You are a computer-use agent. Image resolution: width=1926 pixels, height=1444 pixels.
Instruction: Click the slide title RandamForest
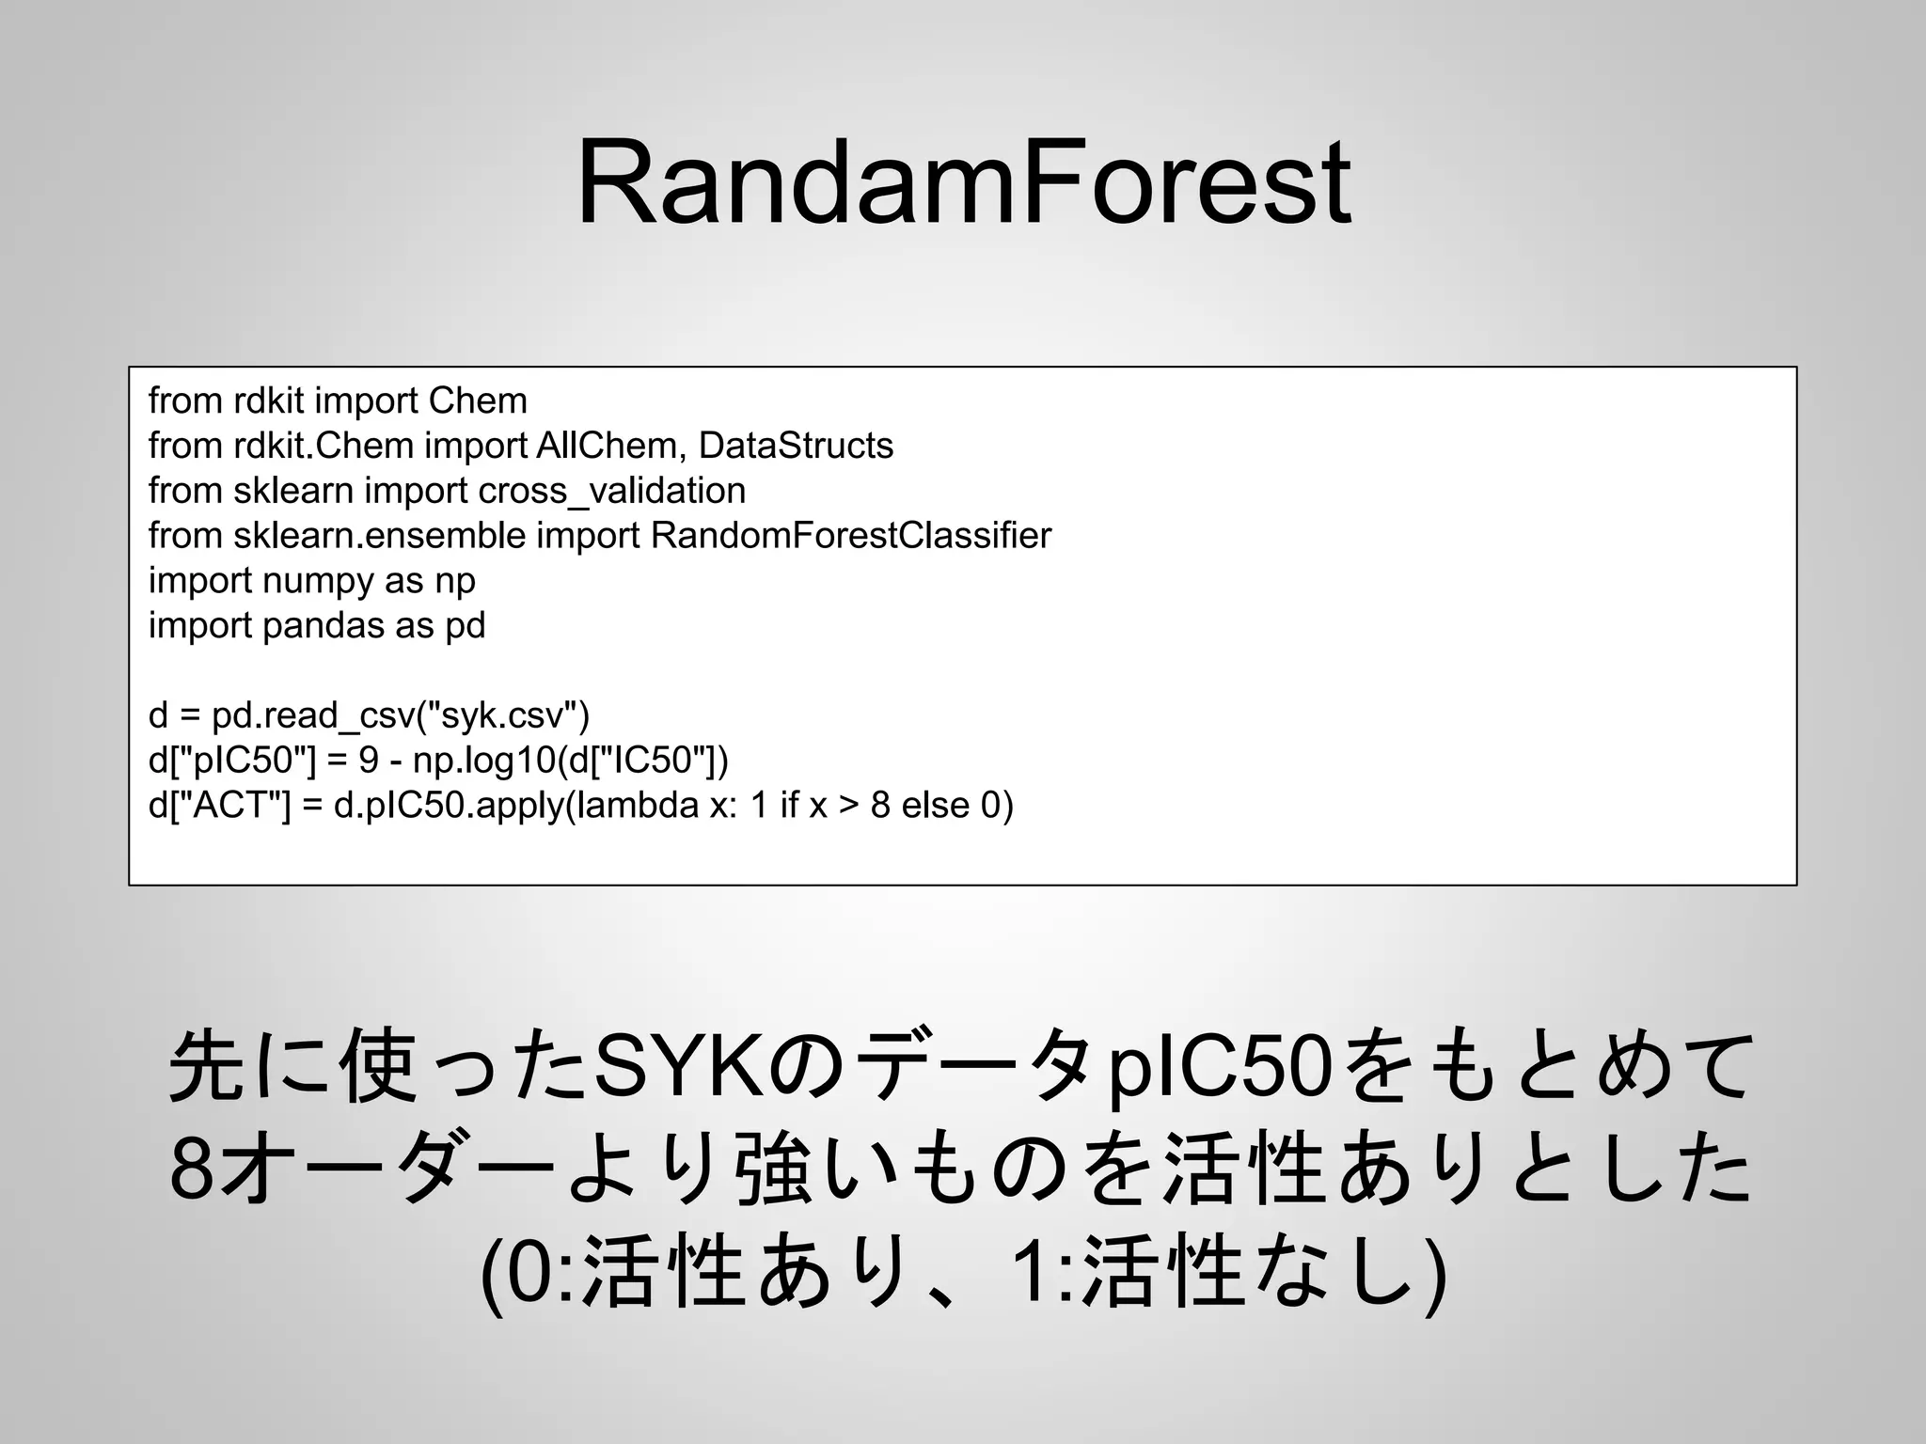tap(963, 183)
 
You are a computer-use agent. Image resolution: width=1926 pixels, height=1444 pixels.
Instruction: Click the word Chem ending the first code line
tap(478, 401)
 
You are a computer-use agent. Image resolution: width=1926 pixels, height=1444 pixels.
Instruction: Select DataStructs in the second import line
tap(796, 446)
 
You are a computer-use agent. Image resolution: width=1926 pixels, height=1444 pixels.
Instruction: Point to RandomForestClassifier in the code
tap(850, 536)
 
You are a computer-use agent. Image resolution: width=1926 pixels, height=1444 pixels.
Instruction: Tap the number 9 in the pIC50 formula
tap(368, 761)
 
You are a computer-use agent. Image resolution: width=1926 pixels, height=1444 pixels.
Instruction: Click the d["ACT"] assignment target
tap(219, 806)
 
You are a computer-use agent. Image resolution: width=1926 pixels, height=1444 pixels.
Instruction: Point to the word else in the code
tap(936, 806)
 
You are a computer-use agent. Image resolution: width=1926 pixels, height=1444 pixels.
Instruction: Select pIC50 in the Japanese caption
tap(1222, 1067)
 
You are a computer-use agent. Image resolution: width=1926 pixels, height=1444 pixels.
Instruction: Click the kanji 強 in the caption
tap(773, 1171)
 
